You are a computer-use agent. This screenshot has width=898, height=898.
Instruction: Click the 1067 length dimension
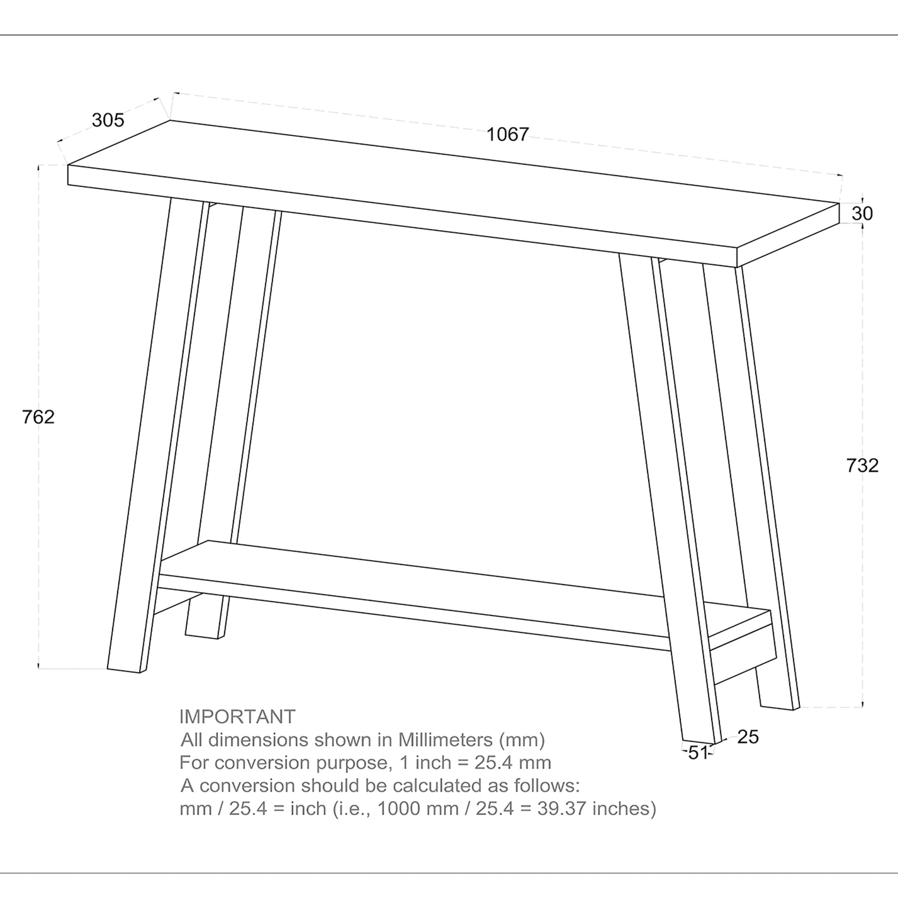508,135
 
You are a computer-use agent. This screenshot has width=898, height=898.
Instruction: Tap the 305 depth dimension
108,120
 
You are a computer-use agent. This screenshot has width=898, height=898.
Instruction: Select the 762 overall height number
39,417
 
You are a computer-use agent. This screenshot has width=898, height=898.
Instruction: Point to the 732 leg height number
862,465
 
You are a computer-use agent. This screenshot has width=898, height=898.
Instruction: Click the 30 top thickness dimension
862,214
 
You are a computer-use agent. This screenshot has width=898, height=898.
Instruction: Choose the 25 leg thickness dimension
748,737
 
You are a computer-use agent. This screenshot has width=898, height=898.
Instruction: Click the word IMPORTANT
237,717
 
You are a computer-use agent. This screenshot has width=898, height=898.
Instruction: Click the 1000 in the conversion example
395,809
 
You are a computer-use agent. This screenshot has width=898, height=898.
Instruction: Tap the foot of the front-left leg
124,670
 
